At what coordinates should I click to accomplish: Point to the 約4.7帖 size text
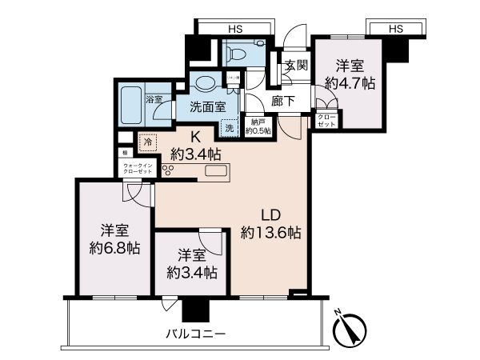[350, 82]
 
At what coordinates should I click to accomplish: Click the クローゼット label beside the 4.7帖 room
[326, 122]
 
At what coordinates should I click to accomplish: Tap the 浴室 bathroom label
[155, 99]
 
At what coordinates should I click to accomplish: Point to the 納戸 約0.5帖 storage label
[258, 126]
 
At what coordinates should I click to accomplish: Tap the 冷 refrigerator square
[147, 142]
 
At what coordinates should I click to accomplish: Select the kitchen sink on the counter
[217, 170]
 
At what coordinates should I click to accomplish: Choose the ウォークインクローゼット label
[135, 169]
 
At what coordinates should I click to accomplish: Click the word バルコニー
[195, 332]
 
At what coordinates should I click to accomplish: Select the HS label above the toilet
[236, 30]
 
